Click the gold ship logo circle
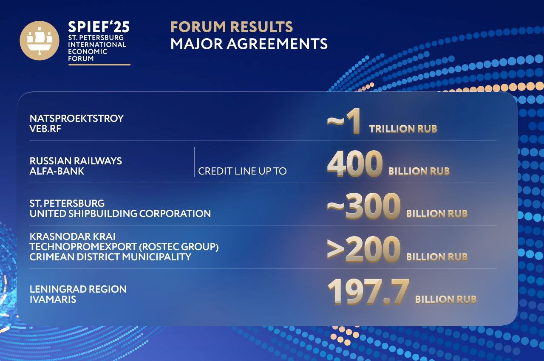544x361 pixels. click(40, 40)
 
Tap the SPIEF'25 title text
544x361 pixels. click(99, 27)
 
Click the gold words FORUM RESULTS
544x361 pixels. click(232, 27)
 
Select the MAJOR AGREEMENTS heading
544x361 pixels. click(249, 44)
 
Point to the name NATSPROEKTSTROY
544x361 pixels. click(76, 118)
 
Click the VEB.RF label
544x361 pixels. click(45, 129)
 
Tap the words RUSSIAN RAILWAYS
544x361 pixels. click(76, 161)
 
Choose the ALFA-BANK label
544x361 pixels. click(57, 171)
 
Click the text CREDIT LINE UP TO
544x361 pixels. click(242, 171)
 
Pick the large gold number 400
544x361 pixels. click(355, 164)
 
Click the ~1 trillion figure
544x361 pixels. click(344, 121)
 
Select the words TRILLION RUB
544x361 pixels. click(403, 129)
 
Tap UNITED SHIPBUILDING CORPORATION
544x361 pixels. click(120, 214)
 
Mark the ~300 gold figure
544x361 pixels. click(363, 206)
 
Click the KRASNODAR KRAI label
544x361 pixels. click(73, 236)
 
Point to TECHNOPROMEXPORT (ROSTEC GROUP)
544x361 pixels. click(124, 247)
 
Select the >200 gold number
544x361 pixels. click(363, 249)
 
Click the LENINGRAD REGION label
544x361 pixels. click(78, 289)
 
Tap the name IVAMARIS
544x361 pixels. click(53, 299)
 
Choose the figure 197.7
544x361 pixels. click(368, 292)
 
